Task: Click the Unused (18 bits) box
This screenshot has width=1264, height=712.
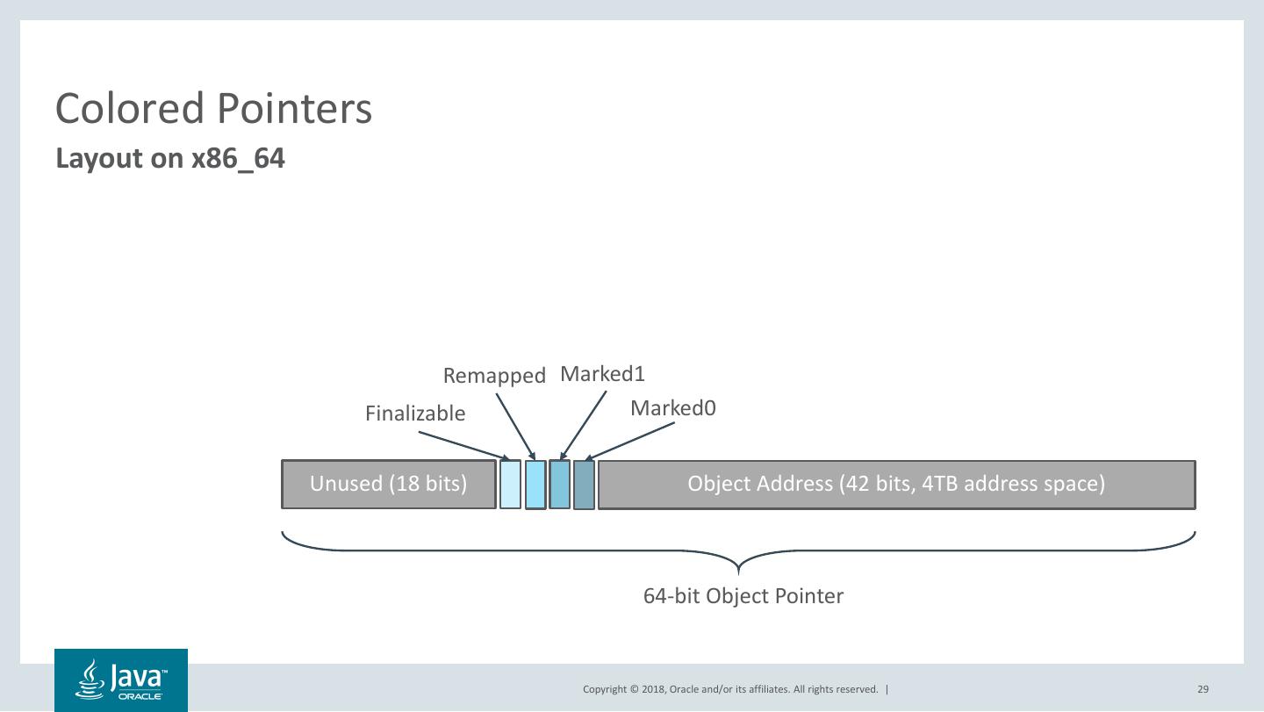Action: [388, 484]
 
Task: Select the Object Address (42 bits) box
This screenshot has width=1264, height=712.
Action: [896, 484]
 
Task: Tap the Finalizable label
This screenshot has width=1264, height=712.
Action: [415, 414]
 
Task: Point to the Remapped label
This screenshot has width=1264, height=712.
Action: [494, 376]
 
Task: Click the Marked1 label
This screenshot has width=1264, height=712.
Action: [602, 374]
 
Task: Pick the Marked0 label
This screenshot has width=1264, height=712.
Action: [673, 408]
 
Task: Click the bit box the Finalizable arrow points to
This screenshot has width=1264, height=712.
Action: [510, 485]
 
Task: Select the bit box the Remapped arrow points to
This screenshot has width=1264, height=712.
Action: [535, 485]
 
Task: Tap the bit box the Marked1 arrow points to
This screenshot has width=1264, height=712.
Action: [559, 485]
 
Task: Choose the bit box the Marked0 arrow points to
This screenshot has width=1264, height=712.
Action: [584, 485]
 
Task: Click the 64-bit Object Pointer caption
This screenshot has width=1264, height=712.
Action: [743, 596]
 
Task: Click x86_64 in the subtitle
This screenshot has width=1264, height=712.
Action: [238, 159]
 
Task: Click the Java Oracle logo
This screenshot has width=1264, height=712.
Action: [121, 680]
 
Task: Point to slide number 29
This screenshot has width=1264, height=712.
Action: [1203, 689]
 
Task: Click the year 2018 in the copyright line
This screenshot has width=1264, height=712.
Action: [654, 689]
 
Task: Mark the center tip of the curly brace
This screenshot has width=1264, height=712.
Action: [738, 572]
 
